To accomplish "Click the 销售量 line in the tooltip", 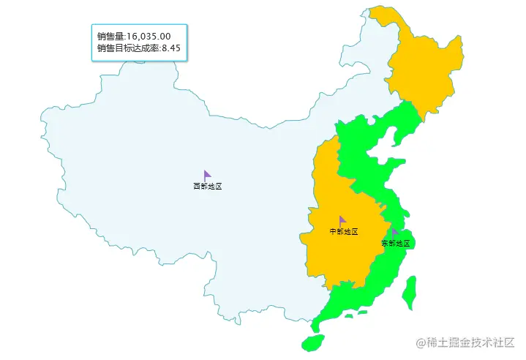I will pos(134,36).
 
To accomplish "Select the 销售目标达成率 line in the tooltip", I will pos(138,48).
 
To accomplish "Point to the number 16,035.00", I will pos(149,36).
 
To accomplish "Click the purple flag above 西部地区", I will pos(207,175).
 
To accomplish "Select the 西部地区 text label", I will pos(207,187).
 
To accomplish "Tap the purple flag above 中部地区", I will pos(342,220).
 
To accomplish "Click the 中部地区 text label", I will pos(344,232).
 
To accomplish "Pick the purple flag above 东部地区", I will pos(395,232).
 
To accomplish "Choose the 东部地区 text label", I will pos(396,243).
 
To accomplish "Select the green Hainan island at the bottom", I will pos(313,342).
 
